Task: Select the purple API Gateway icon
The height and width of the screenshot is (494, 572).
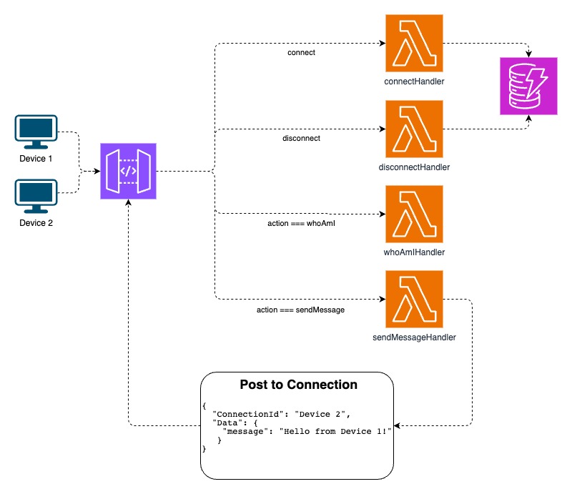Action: [129, 171]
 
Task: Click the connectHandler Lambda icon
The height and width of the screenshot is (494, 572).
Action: [414, 44]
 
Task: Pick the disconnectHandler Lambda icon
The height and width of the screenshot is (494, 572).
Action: [414, 129]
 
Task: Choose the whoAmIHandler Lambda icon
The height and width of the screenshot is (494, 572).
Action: [414, 214]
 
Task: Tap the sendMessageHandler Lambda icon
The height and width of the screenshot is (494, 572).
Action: [414, 299]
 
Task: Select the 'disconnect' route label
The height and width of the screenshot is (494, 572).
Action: [301, 138]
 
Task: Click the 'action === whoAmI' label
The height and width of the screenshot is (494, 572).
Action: [301, 224]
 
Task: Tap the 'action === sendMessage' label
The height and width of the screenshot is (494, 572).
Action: [300, 310]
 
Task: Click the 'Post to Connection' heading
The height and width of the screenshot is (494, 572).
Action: [298, 385]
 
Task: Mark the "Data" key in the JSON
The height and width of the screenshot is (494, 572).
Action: [227, 422]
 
